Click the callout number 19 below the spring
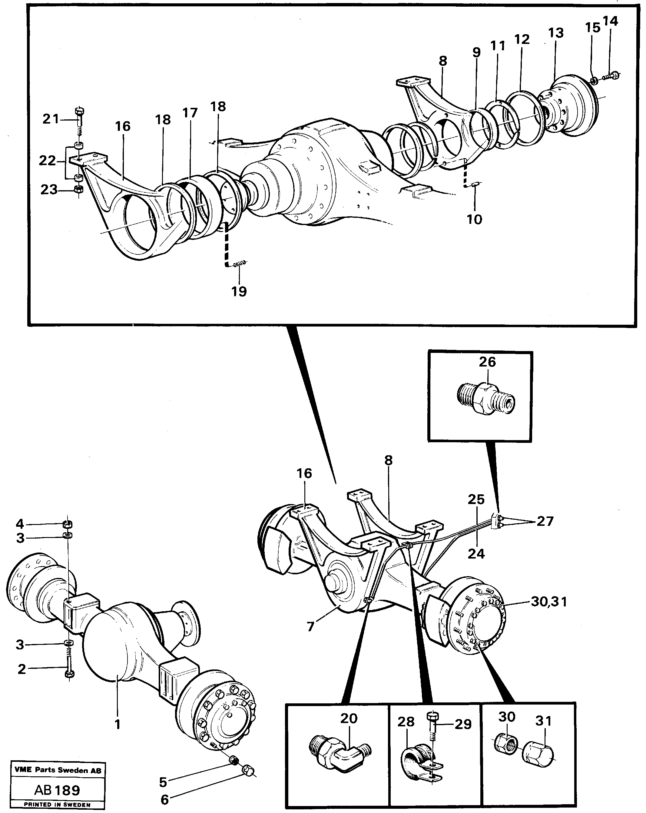239,291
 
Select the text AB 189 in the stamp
57,790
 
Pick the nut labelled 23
79,190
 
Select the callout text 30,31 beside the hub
549,602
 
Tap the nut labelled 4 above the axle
68,524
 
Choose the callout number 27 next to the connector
545,521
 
